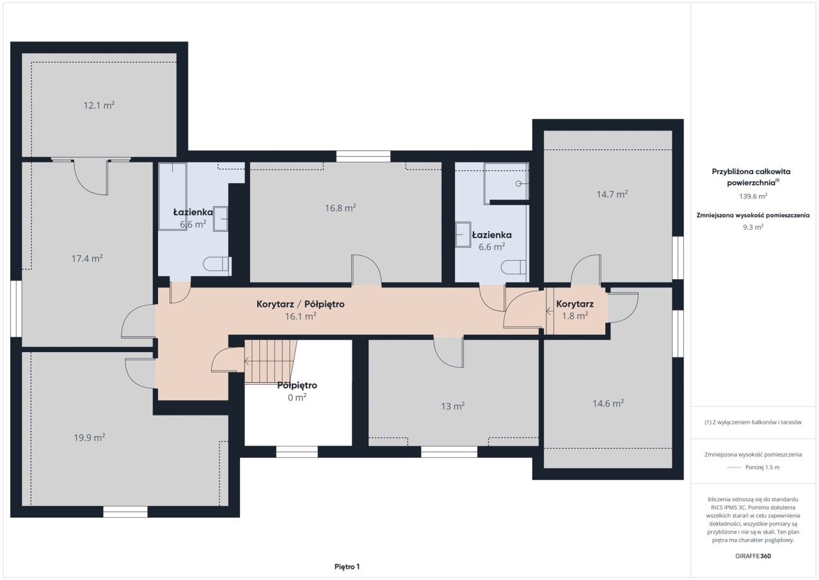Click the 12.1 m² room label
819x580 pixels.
pos(99,106)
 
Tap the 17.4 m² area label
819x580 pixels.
pos(87,259)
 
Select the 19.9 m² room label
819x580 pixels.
pos(90,437)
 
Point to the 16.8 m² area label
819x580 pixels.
pos(340,207)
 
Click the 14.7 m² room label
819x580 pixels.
pos(612,194)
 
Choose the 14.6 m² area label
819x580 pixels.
pos(608,403)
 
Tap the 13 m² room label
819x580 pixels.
pos(452,406)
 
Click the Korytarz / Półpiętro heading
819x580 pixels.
pos(301,304)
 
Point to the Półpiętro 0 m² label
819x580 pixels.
pos(297,391)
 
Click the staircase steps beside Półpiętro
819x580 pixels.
pos(270,361)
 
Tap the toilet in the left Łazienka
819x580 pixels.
pos(217,264)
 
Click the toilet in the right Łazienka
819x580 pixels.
pos(513,267)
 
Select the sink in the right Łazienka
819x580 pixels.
pos(463,234)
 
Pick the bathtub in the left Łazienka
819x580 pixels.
pos(173,197)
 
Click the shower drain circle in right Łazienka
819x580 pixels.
pos(518,184)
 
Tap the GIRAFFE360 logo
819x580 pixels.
pos(753,556)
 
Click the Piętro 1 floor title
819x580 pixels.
pos(347,567)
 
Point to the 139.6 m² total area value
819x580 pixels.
pos(753,196)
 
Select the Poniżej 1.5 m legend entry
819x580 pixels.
pos(762,467)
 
